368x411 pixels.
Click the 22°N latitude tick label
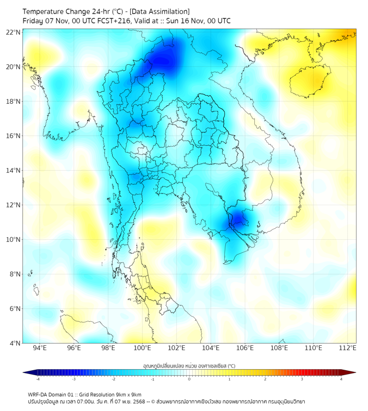13,32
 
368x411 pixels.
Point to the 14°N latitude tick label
13,170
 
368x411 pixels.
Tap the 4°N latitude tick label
15,343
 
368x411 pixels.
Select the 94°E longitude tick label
39,348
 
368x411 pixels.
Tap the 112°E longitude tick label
348,348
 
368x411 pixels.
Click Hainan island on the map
311,82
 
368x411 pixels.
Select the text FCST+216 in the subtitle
112,21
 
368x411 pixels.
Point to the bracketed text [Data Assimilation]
158,11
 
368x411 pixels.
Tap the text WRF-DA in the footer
39,395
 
